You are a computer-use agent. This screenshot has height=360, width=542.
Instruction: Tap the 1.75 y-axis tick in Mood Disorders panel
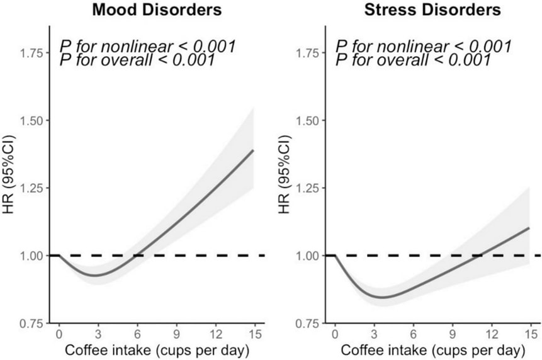[x=32, y=53]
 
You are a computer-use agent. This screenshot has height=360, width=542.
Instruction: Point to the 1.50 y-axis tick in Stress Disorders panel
[x=308, y=120]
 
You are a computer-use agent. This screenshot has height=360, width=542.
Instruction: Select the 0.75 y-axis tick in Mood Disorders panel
[x=32, y=323]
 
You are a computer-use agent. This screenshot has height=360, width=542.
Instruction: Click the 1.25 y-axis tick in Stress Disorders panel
[x=308, y=188]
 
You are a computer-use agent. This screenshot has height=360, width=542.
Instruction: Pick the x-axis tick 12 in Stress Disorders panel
[x=491, y=334]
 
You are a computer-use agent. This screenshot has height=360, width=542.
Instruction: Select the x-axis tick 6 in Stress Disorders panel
[x=413, y=334]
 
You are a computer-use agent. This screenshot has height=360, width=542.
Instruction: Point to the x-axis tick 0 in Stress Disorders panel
[x=334, y=334]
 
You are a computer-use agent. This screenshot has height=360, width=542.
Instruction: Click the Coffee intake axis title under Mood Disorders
[x=156, y=349]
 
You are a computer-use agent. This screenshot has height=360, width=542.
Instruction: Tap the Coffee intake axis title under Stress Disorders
[x=432, y=349]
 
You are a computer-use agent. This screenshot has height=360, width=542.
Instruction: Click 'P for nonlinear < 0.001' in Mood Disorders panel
[x=147, y=46]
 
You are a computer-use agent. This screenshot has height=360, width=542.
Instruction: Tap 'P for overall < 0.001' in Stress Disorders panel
[x=413, y=60]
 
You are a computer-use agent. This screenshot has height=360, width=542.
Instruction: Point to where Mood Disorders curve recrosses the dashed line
[x=137, y=256]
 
